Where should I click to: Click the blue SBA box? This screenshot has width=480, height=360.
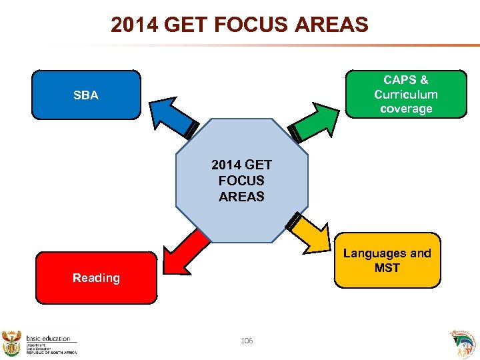(86, 95)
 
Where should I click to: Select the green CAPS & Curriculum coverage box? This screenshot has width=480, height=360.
(405, 94)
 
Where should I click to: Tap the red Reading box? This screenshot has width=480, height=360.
(96, 278)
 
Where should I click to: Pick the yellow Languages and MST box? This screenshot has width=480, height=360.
(387, 260)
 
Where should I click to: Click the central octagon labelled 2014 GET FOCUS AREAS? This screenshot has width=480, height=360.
(241, 181)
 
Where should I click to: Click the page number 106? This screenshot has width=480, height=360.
(247, 341)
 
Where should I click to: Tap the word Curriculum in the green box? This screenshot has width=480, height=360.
(405, 95)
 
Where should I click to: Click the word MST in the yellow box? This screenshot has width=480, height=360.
(387, 268)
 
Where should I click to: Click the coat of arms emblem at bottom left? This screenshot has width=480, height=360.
(12, 341)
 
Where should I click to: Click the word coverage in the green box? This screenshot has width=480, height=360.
(405, 109)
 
